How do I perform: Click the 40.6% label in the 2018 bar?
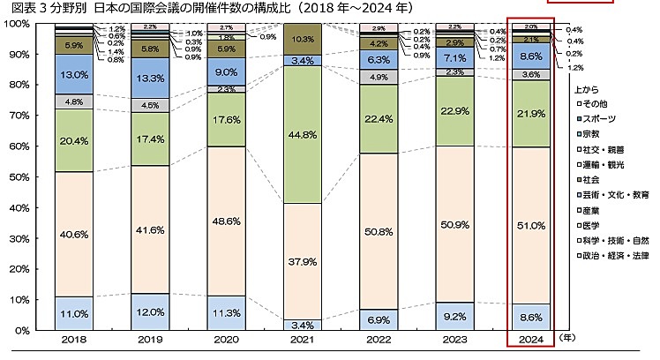[73, 235]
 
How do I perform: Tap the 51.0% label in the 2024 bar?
[531, 225]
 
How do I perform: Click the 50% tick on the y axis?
[18, 177]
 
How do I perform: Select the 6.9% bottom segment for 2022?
[378, 316]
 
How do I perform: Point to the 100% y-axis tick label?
[15, 24]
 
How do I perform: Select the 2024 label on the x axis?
[531, 340]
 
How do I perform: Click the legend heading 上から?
[586, 89]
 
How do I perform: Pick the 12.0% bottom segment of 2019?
[149, 312]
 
